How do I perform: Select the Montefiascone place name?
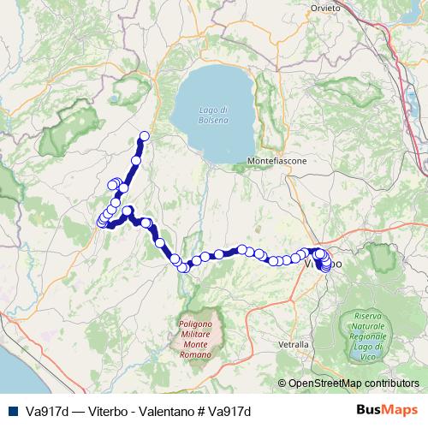point(276,160)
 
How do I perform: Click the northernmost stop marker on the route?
point(145,135)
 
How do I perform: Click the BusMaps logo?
point(386,411)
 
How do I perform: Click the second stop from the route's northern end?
point(139,149)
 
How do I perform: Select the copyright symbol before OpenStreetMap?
point(282,384)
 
